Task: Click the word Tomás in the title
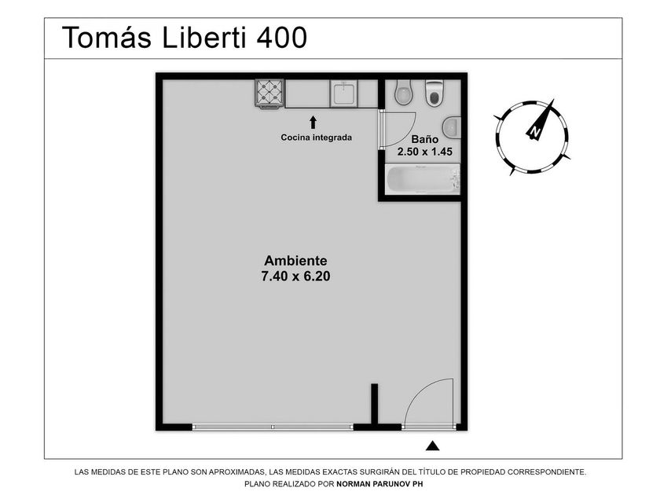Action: pyautogui.click(x=107, y=37)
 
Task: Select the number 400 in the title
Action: pyautogui.click(x=281, y=38)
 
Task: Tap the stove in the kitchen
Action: pyautogui.click(x=269, y=93)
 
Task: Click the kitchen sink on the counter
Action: pyautogui.click(x=344, y=93)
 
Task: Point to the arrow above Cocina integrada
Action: pyautogui.click(x=313, y=123)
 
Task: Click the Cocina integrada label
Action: pyautogui.click(x=316, y=137)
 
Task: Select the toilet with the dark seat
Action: pyautogui.click(x=434, y=93)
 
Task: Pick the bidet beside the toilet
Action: pyautogui.click(x=404, y=93)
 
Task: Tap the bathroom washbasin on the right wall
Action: pyautogui.click(x=451, y=126)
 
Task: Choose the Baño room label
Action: pyautogui.click(x=425, y=139)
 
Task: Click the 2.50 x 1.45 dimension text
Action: pyautogui.click(x=425, y=152)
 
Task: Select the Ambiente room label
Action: pyautogui.click(x=295, y=261)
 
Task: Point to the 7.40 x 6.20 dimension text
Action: pyautogui.click(x=295, y=276)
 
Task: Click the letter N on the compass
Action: pyautogui.click(x=535, y=131)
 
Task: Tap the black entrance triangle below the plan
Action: pyautogui.click(x=432, y=445)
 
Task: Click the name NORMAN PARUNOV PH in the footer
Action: pyautogui.click(x=379, y=484)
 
